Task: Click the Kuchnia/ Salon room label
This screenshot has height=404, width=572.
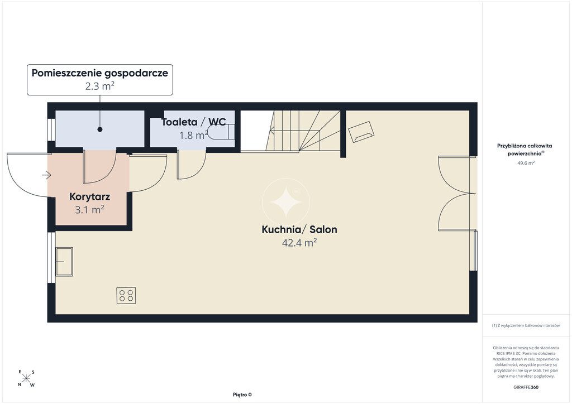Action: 299,229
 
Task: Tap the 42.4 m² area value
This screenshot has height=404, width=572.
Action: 299,243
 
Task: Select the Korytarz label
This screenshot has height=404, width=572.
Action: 90,197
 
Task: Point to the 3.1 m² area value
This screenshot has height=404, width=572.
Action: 90,210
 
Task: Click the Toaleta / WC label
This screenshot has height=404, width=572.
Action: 194,122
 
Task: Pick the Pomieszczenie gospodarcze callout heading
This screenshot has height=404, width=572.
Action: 100,73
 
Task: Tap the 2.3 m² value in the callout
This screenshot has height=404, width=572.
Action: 100,86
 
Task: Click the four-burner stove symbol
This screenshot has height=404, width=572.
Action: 126,295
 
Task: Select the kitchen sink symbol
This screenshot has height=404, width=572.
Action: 64,262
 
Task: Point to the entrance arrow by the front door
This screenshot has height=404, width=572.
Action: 46,176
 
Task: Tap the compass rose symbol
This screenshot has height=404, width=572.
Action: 26,378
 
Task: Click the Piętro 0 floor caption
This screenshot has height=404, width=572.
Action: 242,395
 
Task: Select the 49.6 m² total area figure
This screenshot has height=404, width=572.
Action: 526,163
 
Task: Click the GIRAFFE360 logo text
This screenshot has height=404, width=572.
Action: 526,387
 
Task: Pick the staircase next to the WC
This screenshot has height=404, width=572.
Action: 304,131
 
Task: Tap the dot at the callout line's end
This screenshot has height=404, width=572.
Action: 99,129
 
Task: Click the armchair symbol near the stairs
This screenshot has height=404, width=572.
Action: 361,132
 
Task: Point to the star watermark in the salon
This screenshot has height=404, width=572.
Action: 286,202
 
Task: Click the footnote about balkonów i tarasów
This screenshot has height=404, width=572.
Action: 526,325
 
